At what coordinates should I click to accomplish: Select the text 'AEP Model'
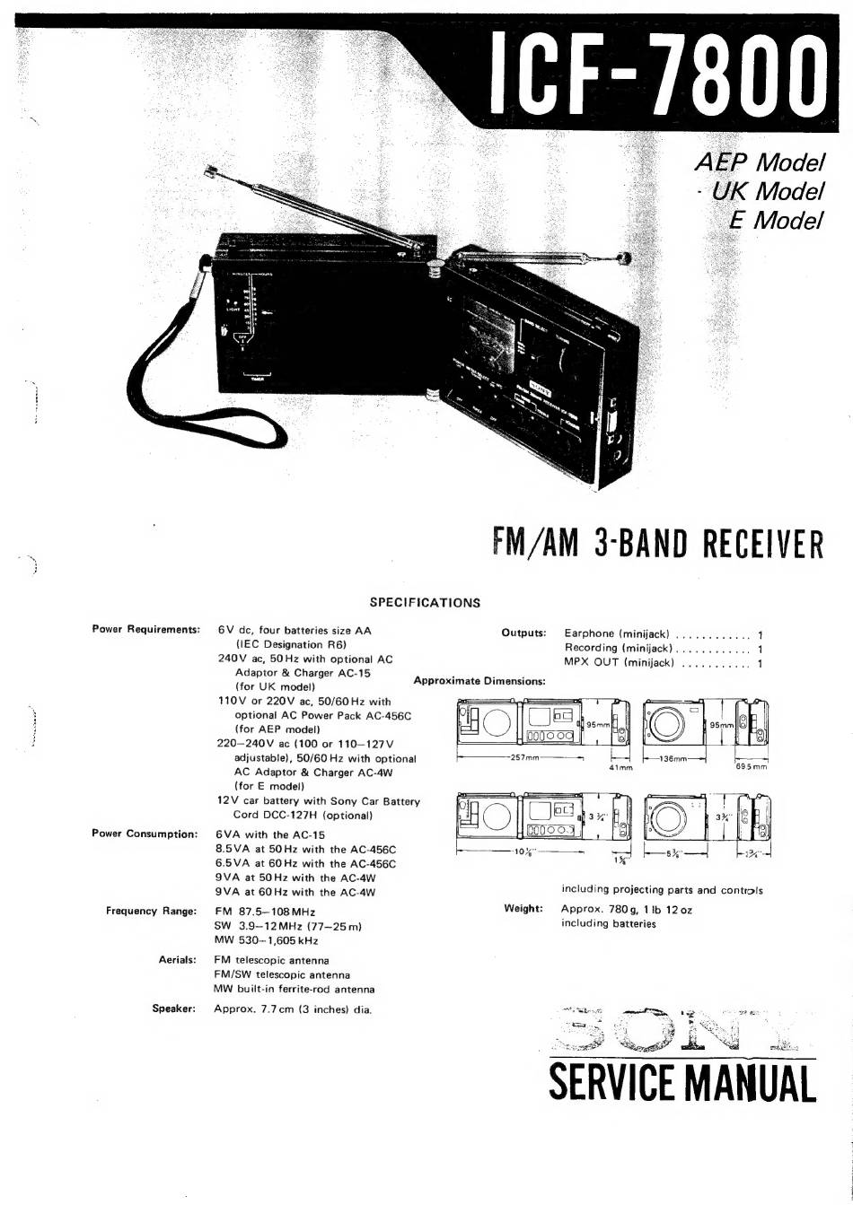(x=759, y=162)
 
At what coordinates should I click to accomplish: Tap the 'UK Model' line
(x=766, y=191)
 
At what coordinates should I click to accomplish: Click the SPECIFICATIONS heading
(x=425, y=603)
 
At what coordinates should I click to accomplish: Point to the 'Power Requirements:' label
(x=145, y=629)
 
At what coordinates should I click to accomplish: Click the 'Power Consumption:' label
(x=145, y=834)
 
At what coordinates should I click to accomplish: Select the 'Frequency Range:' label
(x=151, y=911)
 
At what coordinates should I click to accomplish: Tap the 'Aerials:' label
(x=177, y=959)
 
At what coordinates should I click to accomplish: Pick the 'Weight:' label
(x=523, y=908)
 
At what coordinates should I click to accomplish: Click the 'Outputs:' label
(x=523, y=633)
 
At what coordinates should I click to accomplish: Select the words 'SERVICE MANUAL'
(x=682, y=1083)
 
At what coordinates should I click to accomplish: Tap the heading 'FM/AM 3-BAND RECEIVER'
(x=657, y=544)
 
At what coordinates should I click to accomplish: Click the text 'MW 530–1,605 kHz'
(x=266, y=940)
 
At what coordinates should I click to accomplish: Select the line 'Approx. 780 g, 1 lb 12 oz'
(x=626, y=909)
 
